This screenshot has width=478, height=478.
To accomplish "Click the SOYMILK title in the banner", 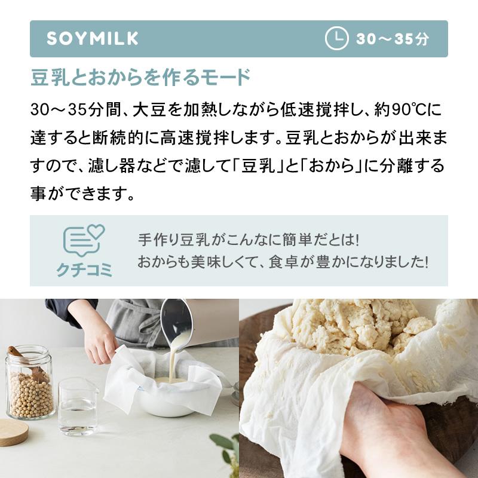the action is (93, 39).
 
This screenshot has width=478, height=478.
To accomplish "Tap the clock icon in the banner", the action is (336, 38).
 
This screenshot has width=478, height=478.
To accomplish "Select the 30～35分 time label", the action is (393, 39).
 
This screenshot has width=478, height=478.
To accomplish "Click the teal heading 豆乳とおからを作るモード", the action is (140, 78).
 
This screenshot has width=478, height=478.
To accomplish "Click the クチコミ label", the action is (84, 270).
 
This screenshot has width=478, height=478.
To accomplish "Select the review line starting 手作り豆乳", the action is (249, 240).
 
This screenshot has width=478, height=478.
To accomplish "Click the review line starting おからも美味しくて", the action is (283, 262).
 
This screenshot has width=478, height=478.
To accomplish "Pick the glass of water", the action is (78, 407).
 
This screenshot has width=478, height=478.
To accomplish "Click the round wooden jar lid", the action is (13, 433).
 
